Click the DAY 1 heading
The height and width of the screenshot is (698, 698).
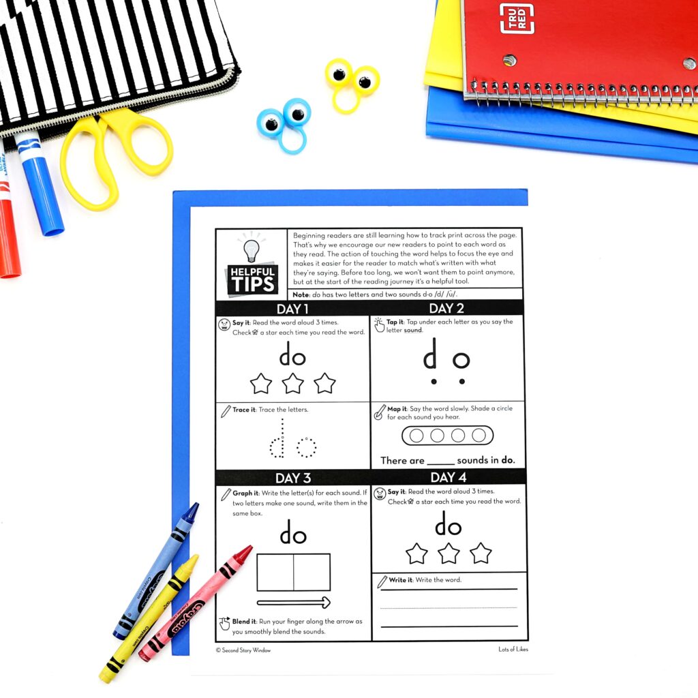click(x=292, y=308)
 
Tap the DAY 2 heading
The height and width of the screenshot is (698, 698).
click(x=447, y=308)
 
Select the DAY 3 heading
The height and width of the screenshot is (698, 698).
click(x=292, y=477)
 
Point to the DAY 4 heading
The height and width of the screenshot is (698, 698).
click(x=448, y=477)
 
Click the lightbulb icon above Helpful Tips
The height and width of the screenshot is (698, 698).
click(x=252, y=249)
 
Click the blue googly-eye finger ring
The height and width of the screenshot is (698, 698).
click(x=284, y=123)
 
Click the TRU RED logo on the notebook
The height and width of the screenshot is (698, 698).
click(x=517, y=18)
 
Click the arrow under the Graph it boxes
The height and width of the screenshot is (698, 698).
click(x=293, y=603)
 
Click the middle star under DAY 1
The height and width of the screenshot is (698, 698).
click(x=292, y=384)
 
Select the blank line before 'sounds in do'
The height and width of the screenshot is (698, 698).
click(x=440, y=462)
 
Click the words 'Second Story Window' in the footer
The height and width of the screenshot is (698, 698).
click(x=246, y=650)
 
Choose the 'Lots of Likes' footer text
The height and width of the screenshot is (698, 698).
click(x=513, y=650)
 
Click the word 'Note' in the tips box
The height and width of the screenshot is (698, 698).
click(x=301, y=294)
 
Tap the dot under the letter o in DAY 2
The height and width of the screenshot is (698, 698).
click(x=461, y=381)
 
